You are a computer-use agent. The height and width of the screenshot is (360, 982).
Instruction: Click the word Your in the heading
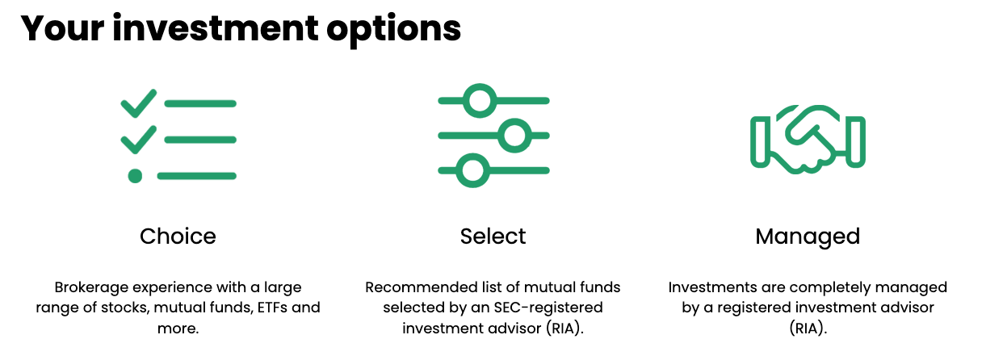pyautogui.click(x=61, y=30)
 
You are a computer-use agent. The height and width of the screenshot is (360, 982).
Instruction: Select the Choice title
pyautogui.click(x=178, y=237)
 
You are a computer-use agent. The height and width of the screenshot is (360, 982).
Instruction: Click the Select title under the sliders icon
pyautogui.click(x=493, y=237)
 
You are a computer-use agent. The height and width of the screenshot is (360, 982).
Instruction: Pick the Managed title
pyautogui.click(x=808, y=237)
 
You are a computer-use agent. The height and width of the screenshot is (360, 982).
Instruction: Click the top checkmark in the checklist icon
pyautogui.click(x=138, y=103)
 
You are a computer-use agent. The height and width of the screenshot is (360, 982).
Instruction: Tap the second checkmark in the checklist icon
pyautogui.click(x=138, y=140)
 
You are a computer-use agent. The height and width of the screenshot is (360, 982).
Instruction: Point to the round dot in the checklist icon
pyautogui.click(x=135, y=175)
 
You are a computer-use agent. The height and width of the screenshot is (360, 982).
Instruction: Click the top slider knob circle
pyautogui.click(x=481, y=101)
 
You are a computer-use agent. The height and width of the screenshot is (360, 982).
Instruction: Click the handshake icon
pyautogui.click(x=808, y=140)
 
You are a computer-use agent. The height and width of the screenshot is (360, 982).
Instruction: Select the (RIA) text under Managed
pyautogui.click(x=808, y=328)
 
